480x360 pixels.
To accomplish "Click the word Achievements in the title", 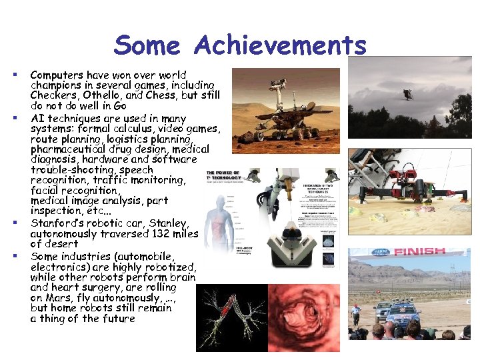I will coord(281,45).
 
